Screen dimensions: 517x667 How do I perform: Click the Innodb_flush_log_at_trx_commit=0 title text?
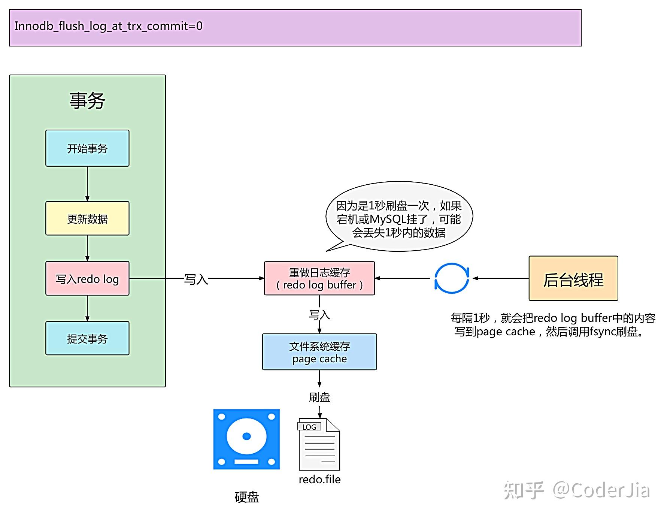(x=109, y=26)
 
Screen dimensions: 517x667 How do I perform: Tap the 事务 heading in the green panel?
(x=87, y=101)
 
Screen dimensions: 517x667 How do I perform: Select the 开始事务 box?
(x=87, y=148)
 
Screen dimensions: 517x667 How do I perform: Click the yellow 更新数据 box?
(x=87, y=219)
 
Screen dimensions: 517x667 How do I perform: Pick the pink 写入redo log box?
(x=87, y=279)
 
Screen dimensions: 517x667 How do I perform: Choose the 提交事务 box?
(x=87, y=339)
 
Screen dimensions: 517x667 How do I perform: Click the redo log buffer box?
(x=319, y=279)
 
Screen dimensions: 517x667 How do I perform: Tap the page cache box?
(x=319, y=352)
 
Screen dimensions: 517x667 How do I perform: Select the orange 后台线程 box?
(x=573, y=279)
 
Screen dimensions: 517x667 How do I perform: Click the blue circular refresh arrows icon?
(x=451, y=278)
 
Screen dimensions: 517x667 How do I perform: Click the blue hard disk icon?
(x=246, y=439)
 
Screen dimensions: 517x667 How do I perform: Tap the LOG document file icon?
(x=319, y=445)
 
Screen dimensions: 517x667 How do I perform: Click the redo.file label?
(x=319, y=480)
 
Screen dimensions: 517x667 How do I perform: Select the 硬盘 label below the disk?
(x=247, y=497)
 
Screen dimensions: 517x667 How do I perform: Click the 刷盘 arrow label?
(x=319, y=397)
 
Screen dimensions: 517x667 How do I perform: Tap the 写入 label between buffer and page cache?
(x=319, y=315)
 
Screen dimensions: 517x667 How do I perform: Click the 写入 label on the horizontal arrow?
(x=196, y=279)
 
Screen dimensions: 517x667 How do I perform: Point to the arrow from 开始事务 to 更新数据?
(x=87, y=184)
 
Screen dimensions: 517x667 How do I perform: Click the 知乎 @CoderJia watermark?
(x=577, y=490)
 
